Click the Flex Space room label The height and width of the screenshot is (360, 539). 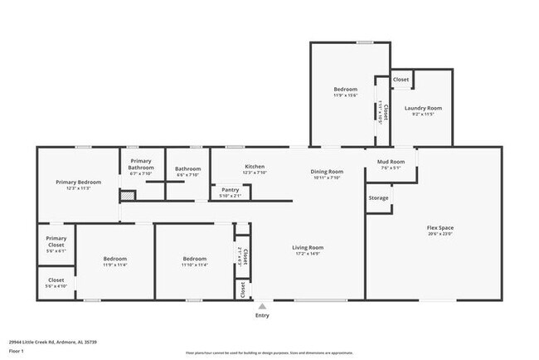click(439, 227)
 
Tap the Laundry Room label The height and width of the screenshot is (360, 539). click(423, 108)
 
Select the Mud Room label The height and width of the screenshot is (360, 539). click(391, 161)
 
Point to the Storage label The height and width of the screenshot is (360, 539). click(378, 198)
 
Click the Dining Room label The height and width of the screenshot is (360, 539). click(328, 171)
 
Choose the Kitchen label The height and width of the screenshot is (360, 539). click(255, 166)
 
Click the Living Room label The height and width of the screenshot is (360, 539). click(307, 247)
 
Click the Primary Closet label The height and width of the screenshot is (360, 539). click(56, 241)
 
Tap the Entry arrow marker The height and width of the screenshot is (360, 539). click(262, 305)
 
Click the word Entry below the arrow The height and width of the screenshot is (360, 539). click(262, 315)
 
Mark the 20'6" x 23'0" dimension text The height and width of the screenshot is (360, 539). click(439, 234)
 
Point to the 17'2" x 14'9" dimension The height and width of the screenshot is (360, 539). click(307, 254)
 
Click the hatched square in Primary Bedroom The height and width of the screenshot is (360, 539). click(128, 196)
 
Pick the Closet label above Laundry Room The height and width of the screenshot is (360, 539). click(401, 80)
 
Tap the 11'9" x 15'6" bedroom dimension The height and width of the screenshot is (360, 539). click(346, 95)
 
